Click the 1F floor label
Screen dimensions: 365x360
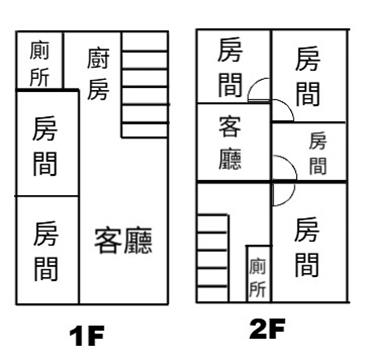[x=87, y=337]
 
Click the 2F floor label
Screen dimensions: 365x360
[x=267, y=329]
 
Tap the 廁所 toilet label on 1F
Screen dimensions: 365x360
[x=39, y=64]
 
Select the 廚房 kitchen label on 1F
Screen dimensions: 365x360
[x=98, y=74]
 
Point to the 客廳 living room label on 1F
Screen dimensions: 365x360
[x=123, y=240]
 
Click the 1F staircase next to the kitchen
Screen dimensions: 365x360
[x=145, y=84]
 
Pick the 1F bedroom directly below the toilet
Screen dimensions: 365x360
[x=47, y=143]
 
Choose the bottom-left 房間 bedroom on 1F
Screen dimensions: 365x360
[x=47, y=250]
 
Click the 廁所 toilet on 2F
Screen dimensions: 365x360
[x=258, y=274]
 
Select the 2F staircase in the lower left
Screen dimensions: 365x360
[x=213, y=258]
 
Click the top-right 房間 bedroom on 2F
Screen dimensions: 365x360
[x=308, y=76]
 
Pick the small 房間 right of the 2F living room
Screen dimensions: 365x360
[x=317, y=153]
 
